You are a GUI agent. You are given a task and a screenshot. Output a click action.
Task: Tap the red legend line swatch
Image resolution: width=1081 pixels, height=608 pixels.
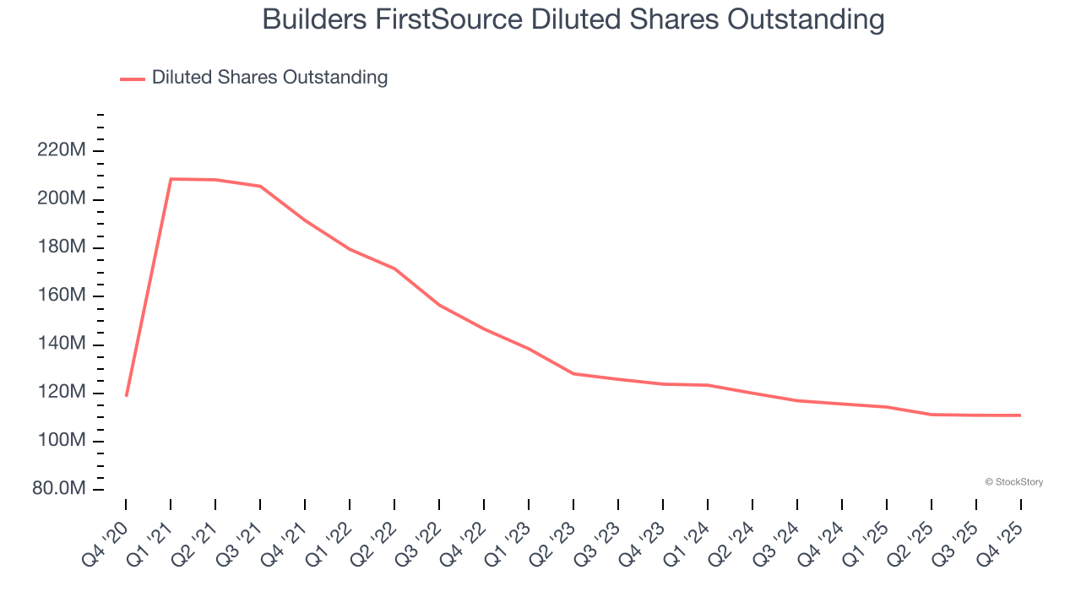click(133, 79)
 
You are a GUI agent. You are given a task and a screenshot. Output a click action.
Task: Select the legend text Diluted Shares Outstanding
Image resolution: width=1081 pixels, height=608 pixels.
click(269, 78)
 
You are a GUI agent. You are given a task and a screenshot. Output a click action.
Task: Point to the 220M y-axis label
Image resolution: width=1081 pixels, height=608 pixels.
click(61, 151)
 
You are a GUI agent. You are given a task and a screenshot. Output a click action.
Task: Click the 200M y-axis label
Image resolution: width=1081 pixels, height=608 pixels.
click(61, 199)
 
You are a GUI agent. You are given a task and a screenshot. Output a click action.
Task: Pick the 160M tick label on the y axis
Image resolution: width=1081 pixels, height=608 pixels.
click(61, 296)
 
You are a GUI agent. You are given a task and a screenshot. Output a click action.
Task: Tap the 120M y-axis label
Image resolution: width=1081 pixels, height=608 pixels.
click(61, 393)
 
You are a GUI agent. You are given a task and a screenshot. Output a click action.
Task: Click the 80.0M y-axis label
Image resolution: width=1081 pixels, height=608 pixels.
click(57, 490)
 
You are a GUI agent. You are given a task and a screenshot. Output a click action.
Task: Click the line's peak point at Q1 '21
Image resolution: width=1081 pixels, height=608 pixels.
click(171, 179)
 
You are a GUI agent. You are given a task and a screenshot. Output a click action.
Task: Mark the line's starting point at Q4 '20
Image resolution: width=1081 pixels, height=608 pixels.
click(126, 395)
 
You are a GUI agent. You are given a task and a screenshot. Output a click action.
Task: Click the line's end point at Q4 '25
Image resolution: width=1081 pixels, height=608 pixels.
click(1020, 415)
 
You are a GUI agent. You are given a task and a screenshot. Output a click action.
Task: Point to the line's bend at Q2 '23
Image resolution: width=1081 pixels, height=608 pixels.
click(573, 373)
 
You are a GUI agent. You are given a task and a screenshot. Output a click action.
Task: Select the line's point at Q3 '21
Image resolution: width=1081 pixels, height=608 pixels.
click(260, 186)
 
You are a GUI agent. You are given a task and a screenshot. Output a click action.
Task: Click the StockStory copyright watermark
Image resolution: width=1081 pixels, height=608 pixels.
click(1013, 482)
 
